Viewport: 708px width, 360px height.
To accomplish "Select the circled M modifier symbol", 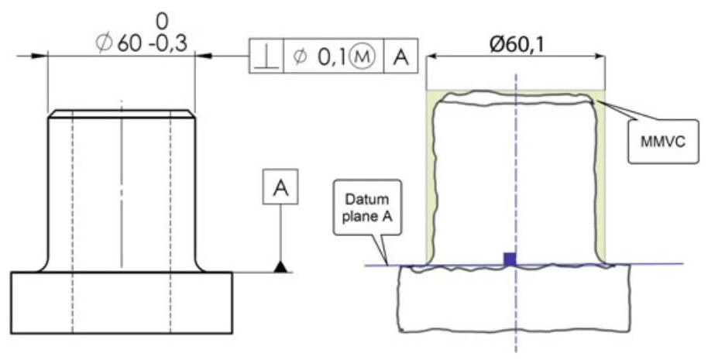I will pos(364,57).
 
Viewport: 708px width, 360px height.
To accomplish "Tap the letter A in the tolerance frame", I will pos(400,57).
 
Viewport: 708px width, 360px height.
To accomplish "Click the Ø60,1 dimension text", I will pos(517,45).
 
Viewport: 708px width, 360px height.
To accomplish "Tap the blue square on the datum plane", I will pos(509,259).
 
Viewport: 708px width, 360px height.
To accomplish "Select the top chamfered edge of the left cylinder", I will pos(121,113).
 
